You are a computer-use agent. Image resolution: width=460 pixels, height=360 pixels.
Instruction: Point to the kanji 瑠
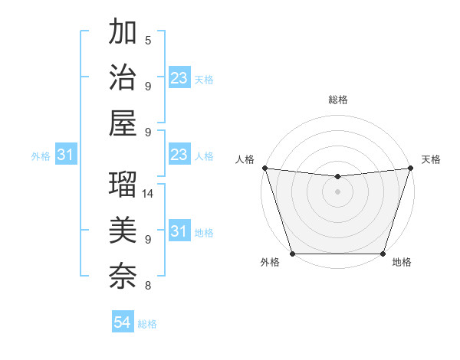coord(123,183)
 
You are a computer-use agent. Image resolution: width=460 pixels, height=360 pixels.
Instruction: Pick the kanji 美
coord(123,229)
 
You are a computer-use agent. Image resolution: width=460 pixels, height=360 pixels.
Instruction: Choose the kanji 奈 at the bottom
coord(123,274)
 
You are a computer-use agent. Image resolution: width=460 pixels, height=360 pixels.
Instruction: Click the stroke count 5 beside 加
coord(148,41)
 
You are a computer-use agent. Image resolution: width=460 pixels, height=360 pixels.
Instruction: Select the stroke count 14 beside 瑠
coord(149,194)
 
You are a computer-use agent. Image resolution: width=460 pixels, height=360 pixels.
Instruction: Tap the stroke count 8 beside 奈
coord(148,286)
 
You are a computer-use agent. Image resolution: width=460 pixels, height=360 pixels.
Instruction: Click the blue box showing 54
coord(123,322)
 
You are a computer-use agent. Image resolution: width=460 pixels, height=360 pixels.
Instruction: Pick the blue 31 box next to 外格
coord(65,155)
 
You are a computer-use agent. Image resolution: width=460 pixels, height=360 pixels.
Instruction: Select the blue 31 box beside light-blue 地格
coord(179,231)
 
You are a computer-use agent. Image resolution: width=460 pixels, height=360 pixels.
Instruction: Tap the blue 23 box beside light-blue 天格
coord(179,78)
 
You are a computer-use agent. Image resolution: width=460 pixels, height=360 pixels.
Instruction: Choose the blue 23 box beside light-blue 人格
coord(179,155)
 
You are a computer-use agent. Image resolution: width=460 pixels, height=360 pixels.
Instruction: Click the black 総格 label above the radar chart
coord(337,100)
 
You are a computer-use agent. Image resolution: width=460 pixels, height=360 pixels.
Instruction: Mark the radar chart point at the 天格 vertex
coord(411,168)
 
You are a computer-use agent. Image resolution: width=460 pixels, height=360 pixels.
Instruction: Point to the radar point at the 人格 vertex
coord(264,168)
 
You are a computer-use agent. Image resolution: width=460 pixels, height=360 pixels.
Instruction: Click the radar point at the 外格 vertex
coord(292,254)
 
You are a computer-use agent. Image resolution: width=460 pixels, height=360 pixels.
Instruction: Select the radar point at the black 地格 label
coord(383,254)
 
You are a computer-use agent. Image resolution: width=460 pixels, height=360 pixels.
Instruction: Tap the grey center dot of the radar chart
coord(337,191)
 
